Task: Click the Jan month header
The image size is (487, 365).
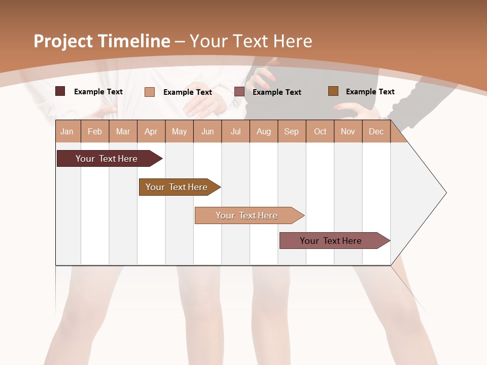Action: click(67, 131)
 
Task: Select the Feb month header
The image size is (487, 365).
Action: click(95, 131)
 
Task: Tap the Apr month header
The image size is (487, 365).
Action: click(151, 131)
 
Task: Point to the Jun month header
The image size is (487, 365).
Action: click(207, 131)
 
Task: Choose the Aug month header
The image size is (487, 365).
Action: click(263, 131)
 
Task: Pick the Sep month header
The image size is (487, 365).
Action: click(291, 131)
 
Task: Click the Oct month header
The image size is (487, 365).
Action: click(320, 131)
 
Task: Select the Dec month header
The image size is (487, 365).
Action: click(376, 131)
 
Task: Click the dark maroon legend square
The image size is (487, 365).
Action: click(60, 91)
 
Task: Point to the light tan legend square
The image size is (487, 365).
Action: click(150, 92)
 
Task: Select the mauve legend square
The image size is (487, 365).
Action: click(239, 92)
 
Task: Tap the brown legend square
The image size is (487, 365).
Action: click(333, 91)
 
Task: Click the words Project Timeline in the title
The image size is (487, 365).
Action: click(102, 41)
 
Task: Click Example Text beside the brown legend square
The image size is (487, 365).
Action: click(370, 91)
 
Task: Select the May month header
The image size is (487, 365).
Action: click(179, 131)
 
